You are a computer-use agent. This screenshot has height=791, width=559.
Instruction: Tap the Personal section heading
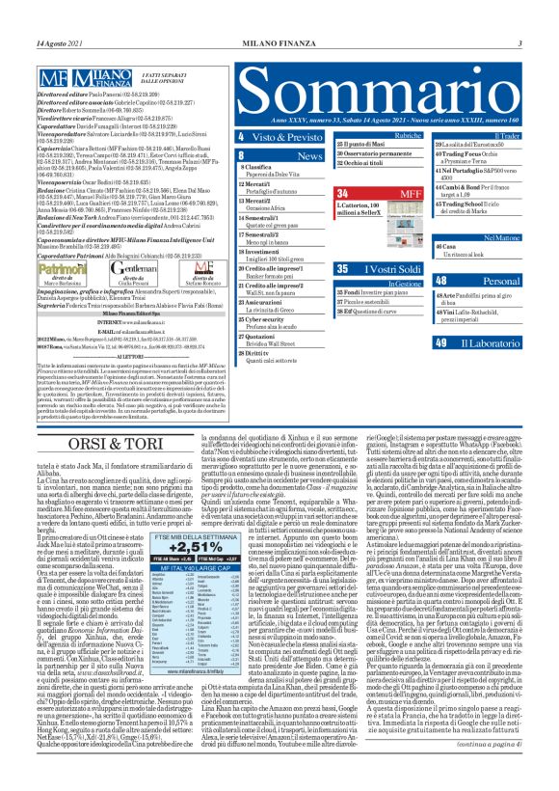[494, 281]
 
